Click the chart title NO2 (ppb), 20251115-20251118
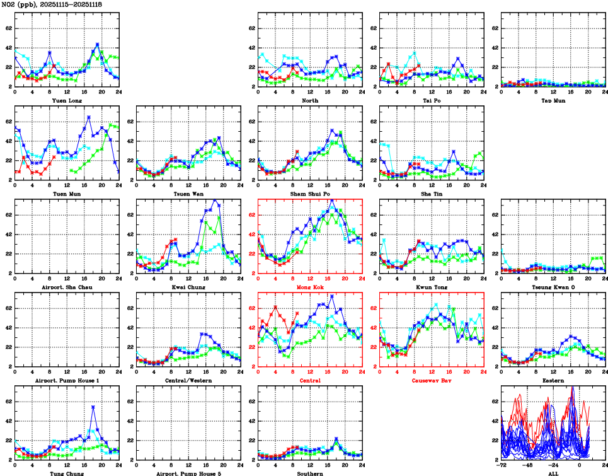[52, 4]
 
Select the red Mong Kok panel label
[310, 287]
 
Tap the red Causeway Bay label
[432, 381]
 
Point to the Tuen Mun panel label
[66, 194]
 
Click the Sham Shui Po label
[310, 194]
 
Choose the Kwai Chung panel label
[188, 287]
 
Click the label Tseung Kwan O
[553, 287]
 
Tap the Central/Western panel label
[188, 381]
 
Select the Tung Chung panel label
[66, 473]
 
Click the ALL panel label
[553, 473]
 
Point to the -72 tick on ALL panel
[502, 467]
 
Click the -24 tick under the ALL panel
[553, 467]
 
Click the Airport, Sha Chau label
[66, 287]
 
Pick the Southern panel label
[310, 473]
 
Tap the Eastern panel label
[553, 381]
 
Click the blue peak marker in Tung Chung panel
[93, 407]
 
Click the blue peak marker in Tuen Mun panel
[89, 117]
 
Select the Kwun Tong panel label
[432, 287]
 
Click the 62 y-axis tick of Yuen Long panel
[8, 28]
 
